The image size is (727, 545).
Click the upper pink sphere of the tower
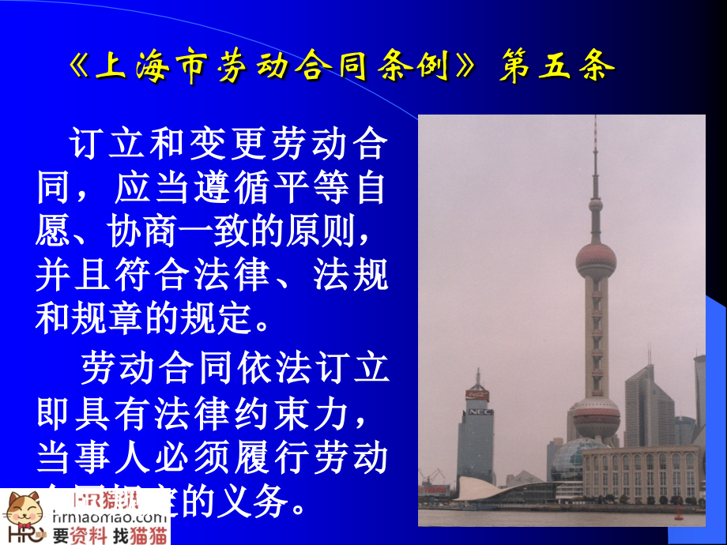(595, 260)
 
